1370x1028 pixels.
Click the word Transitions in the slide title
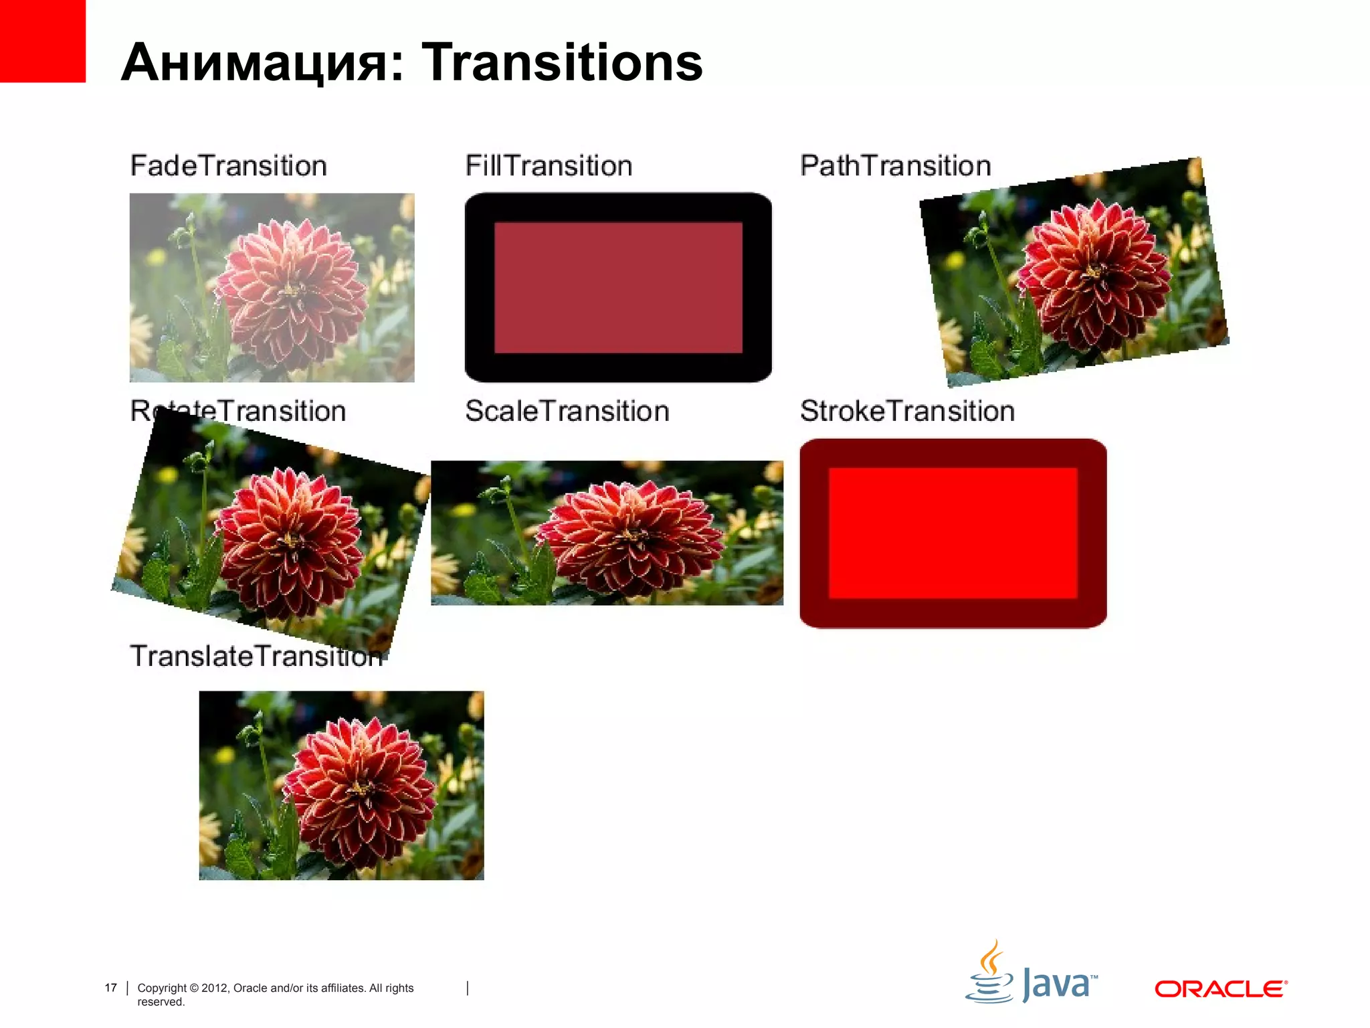pos(562,62)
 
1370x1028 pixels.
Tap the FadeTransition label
pos(228,165)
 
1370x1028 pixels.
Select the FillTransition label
pos(549,165)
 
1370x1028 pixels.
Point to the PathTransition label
pos(895,165)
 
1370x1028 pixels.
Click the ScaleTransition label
pos(567,411)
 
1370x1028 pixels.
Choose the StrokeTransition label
pos(907,411)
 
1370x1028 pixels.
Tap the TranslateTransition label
pos(254,656)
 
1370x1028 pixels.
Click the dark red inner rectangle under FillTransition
pos(618,288)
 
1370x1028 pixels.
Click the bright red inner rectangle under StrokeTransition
pos(953,533)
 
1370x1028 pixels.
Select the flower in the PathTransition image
pos(1094,274)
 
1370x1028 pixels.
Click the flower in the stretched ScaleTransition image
pos(629,535)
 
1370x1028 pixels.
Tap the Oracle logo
pos(1220,989)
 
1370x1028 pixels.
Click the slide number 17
pos(111,988)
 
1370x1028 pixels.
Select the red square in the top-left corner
pos(42,40)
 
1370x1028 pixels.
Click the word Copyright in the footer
pos(162,988)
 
